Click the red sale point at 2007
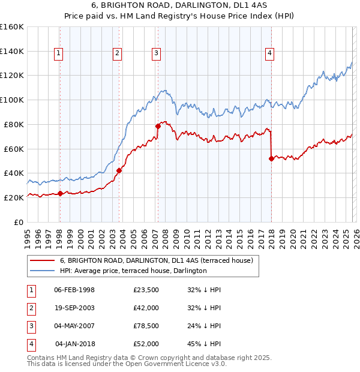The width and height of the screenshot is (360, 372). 158,126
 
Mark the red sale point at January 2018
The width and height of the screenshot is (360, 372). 271,158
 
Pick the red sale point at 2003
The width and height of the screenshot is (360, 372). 119,170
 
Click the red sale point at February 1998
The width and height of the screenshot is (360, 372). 60,193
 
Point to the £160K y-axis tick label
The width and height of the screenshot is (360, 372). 11,27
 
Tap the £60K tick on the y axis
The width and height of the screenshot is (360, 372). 13,149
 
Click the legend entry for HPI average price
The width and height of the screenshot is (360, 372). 133,271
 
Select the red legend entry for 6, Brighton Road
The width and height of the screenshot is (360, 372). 156,260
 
